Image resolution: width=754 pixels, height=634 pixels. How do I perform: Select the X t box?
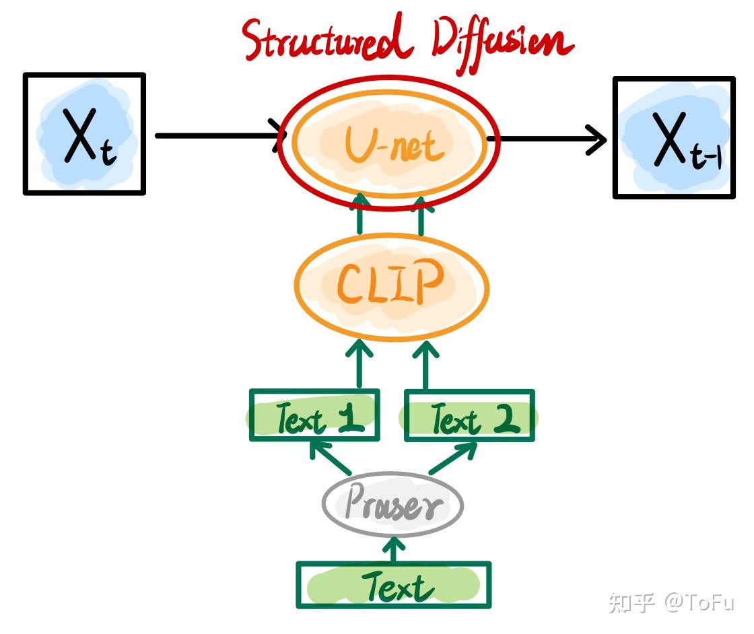tap(84, 134)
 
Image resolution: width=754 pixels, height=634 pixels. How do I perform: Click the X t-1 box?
tap(673, 138)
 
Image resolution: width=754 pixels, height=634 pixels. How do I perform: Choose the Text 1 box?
tap(314, 416)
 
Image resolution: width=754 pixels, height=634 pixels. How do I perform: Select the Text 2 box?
tap(469, 416)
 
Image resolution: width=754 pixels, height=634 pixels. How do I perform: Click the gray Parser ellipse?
tap(392, 505)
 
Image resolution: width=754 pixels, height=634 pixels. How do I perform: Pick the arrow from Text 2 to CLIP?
tap(425, 367)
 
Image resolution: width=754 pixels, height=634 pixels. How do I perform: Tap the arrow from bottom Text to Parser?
tap(394, 549)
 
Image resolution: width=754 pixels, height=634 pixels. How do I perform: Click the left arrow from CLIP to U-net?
tap(360, 214)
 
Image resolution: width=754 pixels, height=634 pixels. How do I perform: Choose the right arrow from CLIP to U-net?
tap(421, 214)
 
